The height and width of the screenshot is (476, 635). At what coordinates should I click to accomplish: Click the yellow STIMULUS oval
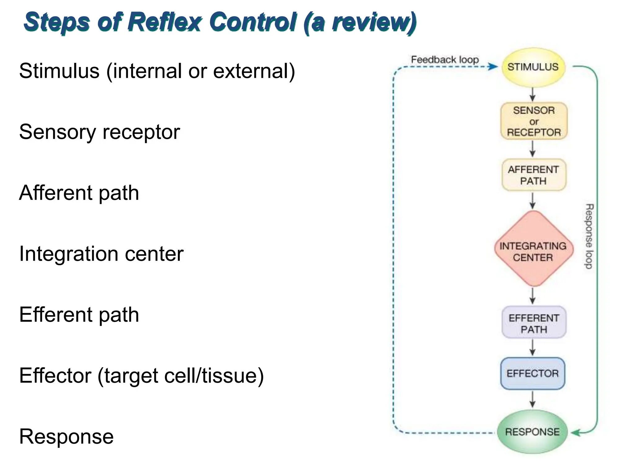click(533, 67)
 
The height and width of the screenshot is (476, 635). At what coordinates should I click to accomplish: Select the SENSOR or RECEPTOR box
click(534, 121)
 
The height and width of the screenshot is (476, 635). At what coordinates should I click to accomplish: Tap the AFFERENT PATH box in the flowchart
click(534, 175)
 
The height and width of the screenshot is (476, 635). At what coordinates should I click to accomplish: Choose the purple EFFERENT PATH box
click(534, 323)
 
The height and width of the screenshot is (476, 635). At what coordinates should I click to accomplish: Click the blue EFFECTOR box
click(533, 373)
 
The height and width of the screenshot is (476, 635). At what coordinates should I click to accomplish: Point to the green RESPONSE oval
click(532, 432)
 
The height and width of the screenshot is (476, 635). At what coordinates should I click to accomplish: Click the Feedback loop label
click(445, 59)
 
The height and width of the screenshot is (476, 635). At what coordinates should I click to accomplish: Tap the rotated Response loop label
click(589, 236)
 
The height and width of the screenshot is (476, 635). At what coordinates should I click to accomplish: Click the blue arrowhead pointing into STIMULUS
click(493, 66)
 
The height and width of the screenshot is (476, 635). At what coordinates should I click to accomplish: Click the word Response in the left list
click(66, 436)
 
